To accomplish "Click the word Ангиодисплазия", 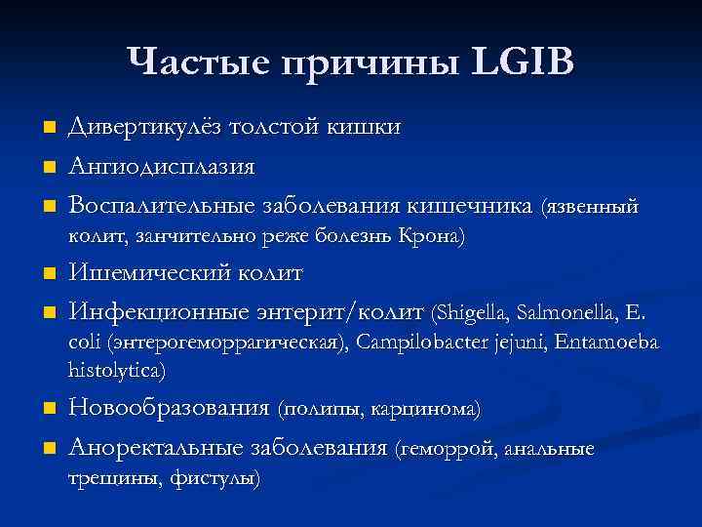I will (161, 167).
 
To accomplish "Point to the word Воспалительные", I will (161, 206).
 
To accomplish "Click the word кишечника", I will (470, 206).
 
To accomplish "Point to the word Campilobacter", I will (420, 343).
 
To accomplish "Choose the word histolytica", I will (116, 371).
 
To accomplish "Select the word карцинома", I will (426, 411).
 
